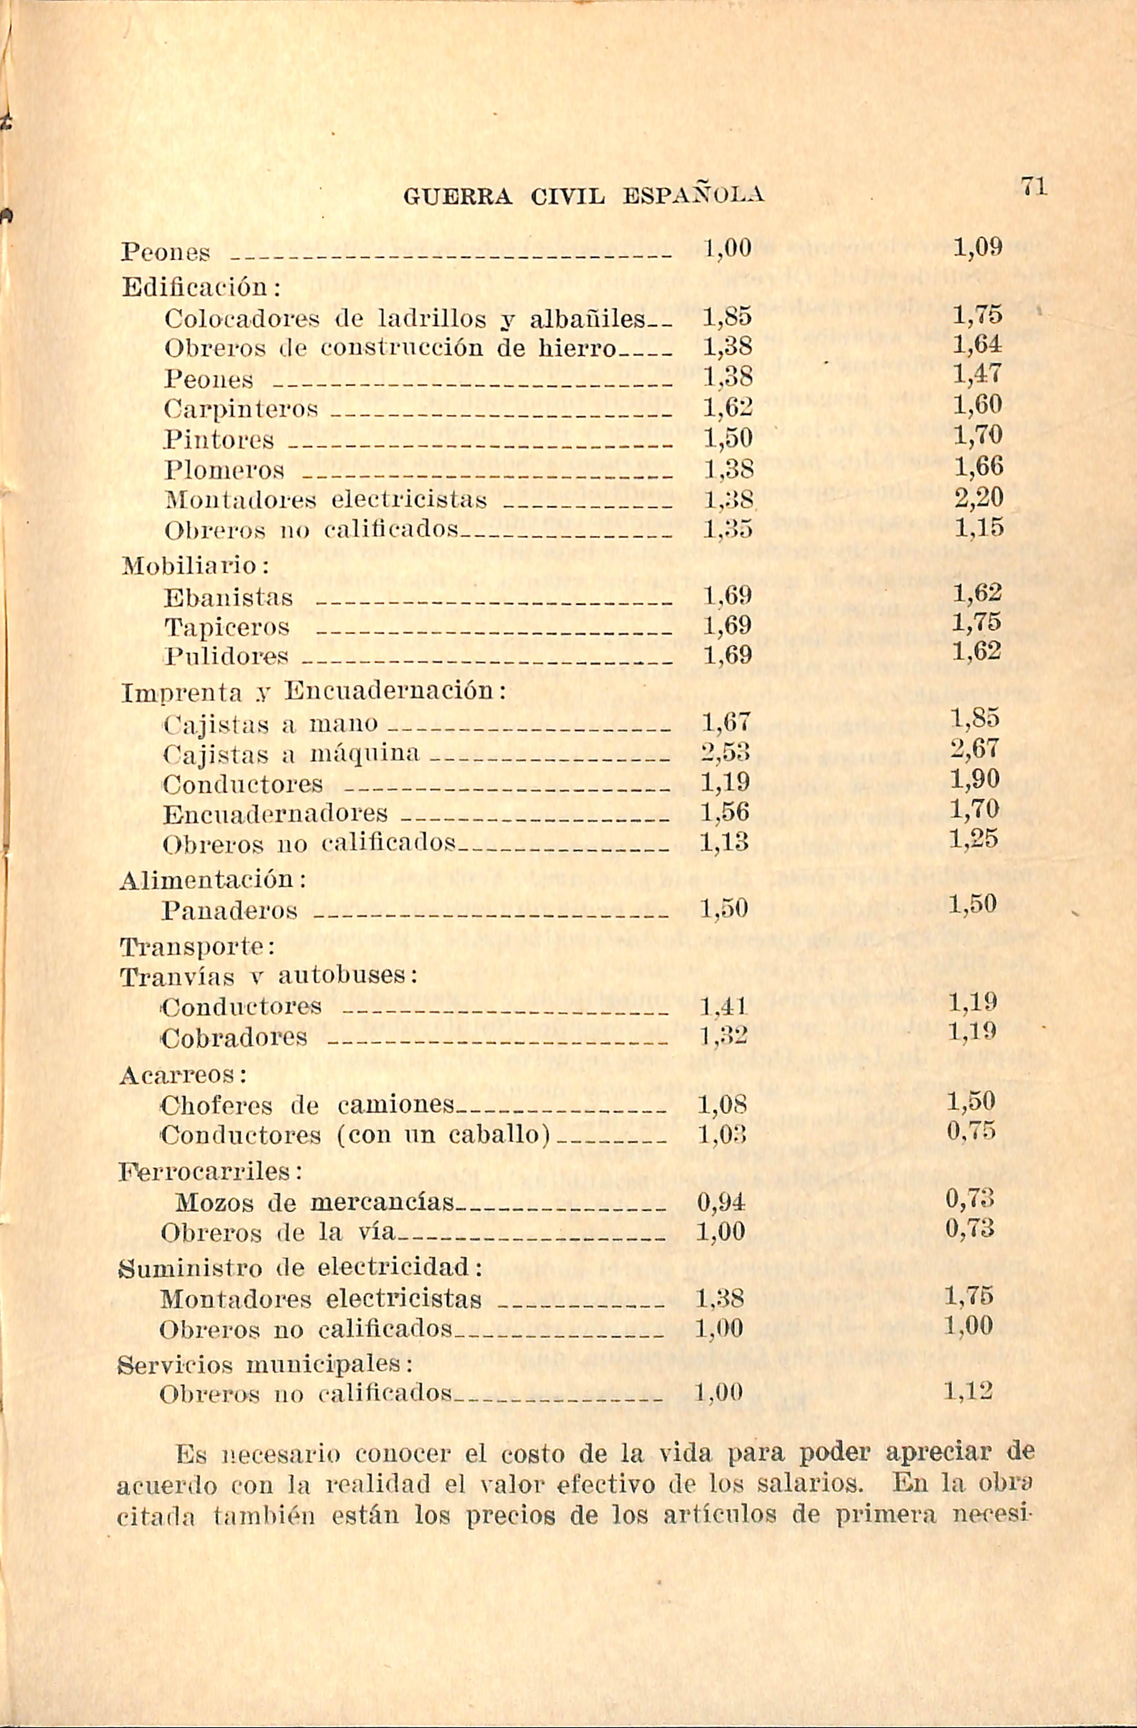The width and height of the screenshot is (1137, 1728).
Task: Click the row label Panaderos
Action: click(230, 910)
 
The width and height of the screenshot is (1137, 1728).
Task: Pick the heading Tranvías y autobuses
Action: click(267, 977)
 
